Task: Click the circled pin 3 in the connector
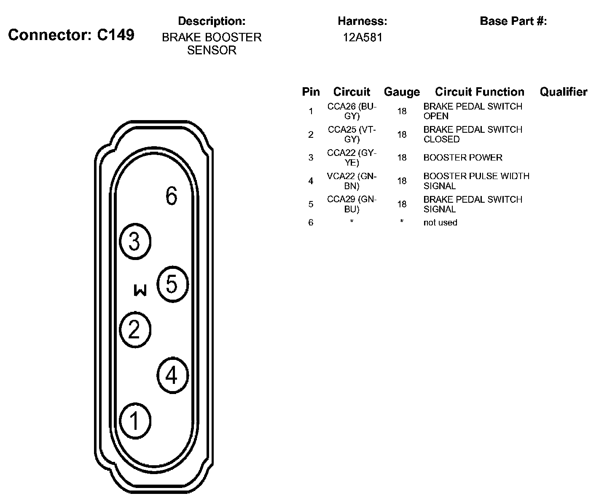coord(135,242)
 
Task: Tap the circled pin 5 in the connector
coord(172,284)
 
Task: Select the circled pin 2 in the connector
coord(135,329)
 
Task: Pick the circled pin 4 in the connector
coord(172,375)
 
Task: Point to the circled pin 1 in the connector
coord(135,421)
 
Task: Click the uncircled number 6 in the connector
coord(171,196)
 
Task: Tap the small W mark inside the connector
coord(140,290)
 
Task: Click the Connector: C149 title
coord(71,35)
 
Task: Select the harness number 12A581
coord(362,38)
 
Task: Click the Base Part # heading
coord(513,21)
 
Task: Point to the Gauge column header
coord(402,92)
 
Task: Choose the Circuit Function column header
coord(480,92)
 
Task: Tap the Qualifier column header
coord(563,92)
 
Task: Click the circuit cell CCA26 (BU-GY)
coord(352,111)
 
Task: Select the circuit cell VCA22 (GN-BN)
coord(352,181)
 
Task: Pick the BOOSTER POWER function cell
coord(463,158)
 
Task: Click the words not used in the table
coord(440,223)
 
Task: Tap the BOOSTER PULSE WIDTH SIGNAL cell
coord(476,181)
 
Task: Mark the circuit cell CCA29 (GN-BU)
coord(352,204)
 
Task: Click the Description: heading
coord(212,21)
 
